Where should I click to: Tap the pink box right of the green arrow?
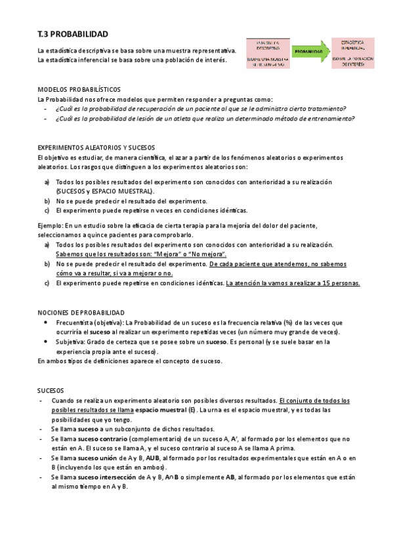click(352, 52)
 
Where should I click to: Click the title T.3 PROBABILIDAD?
click(73, 33)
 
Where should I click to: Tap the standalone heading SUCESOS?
click(51, 389)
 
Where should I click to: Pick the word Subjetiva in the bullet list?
click(70, 342)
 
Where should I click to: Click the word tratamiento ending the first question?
click(326, 109)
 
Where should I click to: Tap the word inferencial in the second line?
click(87, 60)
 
